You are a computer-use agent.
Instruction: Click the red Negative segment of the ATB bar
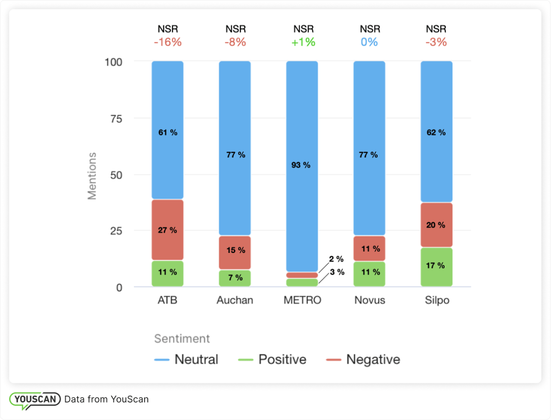click(167, 230)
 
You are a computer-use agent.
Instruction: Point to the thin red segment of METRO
click(302, 275)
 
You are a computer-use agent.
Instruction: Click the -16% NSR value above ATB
click(167, 42)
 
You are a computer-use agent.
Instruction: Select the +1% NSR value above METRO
click(303, 42)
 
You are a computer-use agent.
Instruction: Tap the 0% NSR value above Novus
click(369, 42)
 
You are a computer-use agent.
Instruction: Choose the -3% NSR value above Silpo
click(436, 42)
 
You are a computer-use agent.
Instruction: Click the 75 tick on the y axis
click(114, 119)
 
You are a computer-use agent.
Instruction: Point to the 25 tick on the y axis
click(114, 231)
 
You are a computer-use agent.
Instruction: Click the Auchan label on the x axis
click(235, 300)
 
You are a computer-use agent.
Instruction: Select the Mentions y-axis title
click(92, 176)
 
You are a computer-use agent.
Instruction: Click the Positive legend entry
click(272, 360)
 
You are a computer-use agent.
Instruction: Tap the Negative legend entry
click(363, 360)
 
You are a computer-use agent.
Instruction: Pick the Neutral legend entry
click(186, 360)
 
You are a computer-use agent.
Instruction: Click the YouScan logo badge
click(35, 399)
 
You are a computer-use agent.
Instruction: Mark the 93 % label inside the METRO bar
click(301, 165)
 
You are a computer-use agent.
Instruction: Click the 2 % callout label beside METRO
click(337, 259)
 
